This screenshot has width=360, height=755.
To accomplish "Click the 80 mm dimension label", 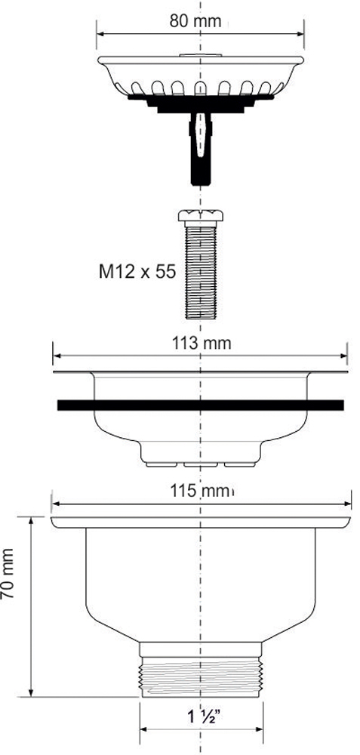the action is (x=195, y=22).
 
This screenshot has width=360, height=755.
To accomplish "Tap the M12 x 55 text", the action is (x=137, y=272).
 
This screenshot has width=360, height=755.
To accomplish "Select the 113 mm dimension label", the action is (x=202, y=344).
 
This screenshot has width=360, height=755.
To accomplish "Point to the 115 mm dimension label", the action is (x=202, y=492).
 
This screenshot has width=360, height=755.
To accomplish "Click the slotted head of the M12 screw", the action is (x=201, y=214).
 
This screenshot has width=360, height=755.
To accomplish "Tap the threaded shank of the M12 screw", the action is (x=201, y=270).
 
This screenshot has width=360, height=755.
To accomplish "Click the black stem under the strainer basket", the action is (x=201, y=147).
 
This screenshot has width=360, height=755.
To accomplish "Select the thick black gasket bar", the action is (x=200, y=405).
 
